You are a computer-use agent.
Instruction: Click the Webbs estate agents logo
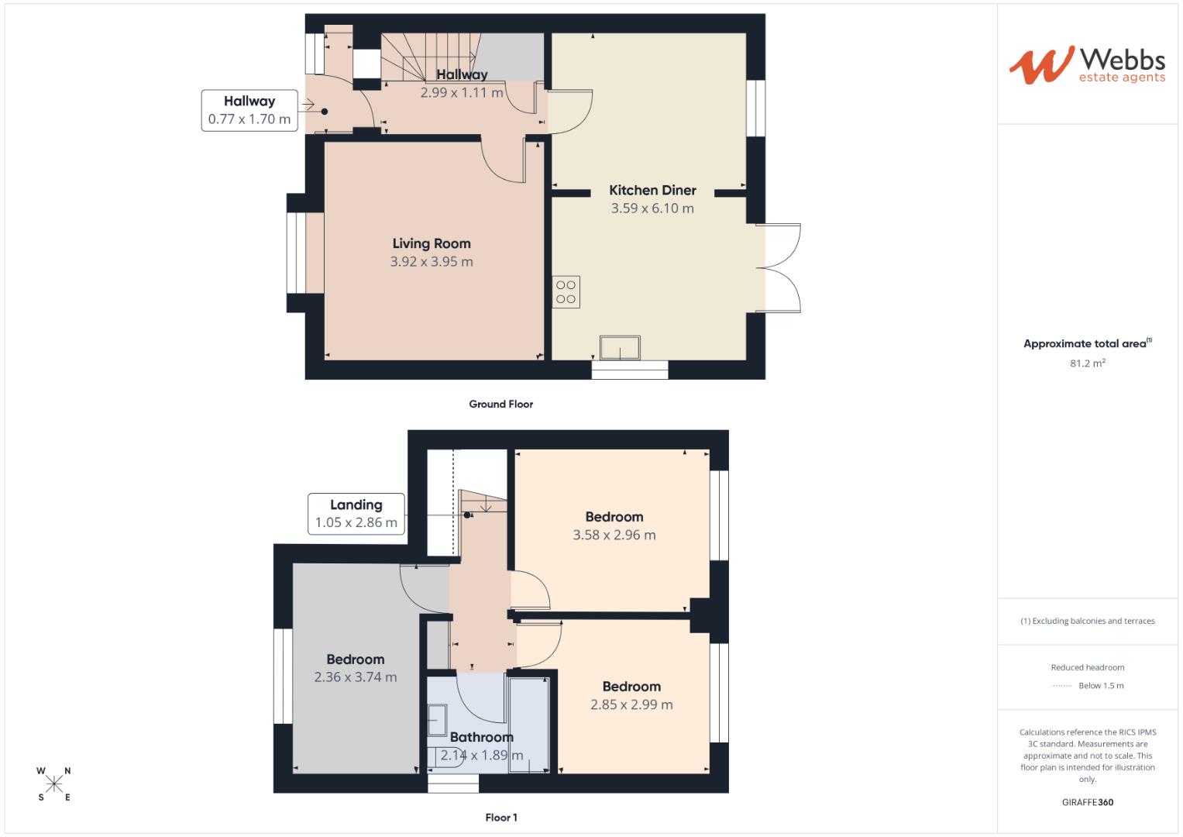1087,64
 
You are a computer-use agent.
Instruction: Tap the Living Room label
432,243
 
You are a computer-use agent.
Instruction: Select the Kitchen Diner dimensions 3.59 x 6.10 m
652,208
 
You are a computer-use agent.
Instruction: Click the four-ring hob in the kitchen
566,292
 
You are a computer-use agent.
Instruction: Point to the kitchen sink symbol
620,348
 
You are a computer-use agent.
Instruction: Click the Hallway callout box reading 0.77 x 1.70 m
249,110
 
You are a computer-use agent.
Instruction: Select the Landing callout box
356,514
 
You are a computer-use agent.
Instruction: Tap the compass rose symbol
54,784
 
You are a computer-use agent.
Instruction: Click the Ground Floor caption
500,404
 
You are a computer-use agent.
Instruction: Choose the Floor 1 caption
500,818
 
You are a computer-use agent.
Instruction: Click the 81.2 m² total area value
1087,363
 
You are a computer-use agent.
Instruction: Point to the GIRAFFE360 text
1087,802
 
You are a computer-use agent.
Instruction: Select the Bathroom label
481,737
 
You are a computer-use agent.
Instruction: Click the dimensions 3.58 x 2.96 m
614,535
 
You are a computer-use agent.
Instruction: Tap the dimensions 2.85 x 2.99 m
631,704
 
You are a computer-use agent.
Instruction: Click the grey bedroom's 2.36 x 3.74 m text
355,677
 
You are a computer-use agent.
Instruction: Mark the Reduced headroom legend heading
1087,667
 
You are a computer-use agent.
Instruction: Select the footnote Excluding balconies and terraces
1087,621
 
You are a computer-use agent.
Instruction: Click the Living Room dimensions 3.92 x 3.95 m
432,262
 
